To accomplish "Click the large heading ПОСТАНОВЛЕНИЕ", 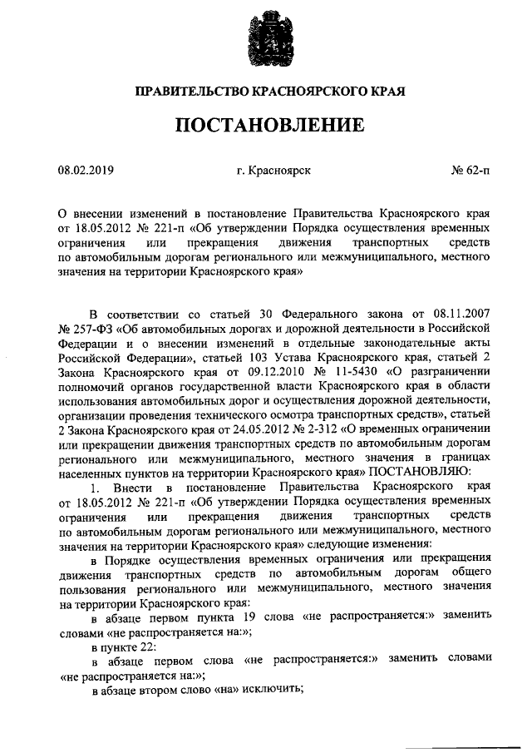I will (269, 125).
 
